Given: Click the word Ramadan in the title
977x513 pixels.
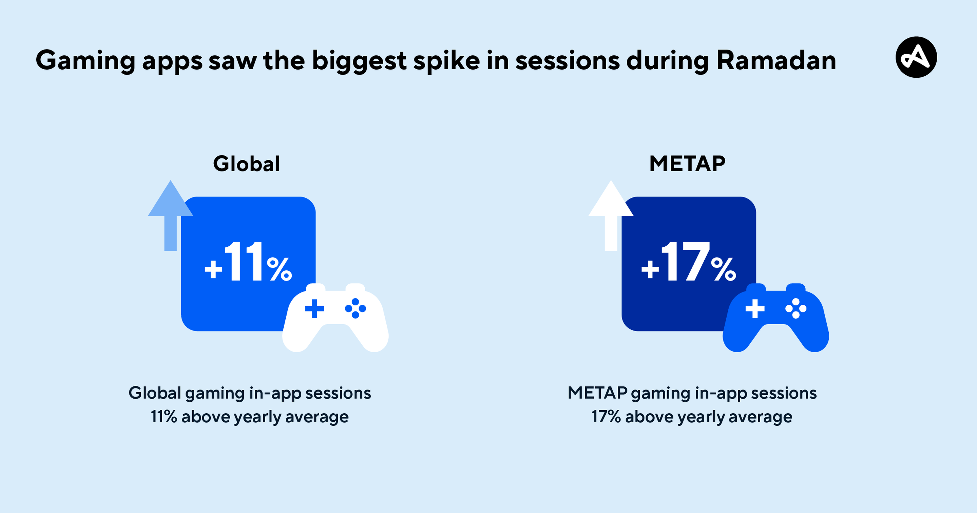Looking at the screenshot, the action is (777, 60).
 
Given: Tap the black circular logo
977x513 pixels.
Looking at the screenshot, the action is (916, 57).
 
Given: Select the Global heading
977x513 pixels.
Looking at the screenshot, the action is (247, 164).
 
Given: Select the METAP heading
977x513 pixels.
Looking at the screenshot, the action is (687, 164).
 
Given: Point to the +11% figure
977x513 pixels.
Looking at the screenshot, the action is (248, 262).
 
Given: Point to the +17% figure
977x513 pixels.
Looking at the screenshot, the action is (689, 262).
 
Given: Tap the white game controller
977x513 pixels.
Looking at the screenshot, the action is (336, 317).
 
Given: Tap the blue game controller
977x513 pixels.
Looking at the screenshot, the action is (776, 317).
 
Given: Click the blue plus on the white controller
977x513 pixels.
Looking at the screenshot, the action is (314, 308).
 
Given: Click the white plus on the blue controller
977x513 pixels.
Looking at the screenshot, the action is (755, 308).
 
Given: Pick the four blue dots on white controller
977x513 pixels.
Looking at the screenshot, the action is (356, 308).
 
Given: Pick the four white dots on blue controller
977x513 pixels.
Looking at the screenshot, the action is (796, 308).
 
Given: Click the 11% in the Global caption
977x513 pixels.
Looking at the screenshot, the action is (164, 417).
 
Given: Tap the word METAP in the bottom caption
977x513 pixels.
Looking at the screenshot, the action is (597, 393).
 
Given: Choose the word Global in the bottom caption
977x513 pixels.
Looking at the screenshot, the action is (155, 393).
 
